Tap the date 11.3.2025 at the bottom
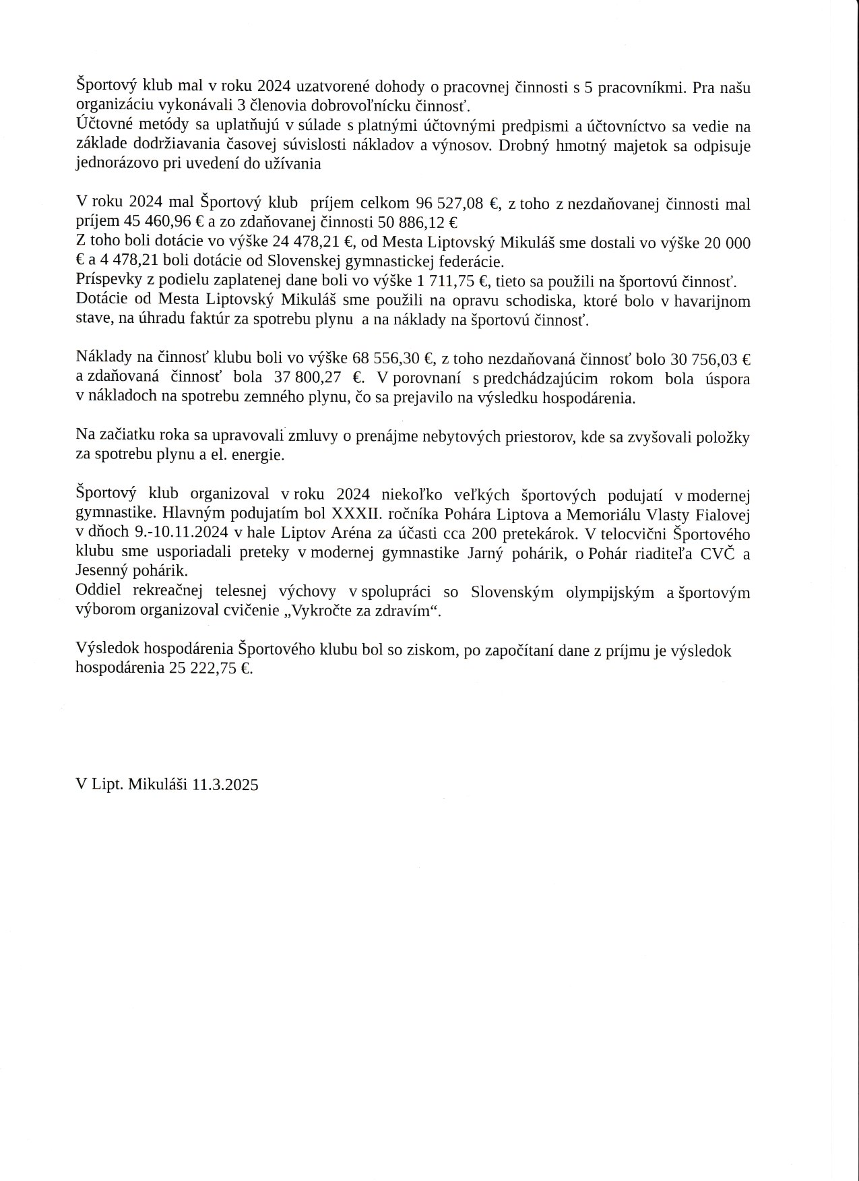(225, 785)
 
